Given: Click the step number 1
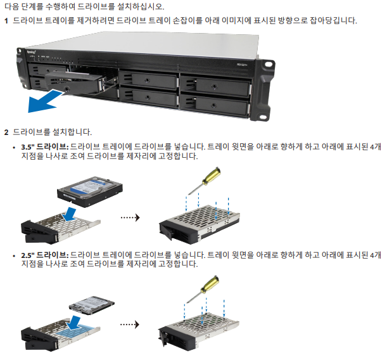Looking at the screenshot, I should click(6, 21).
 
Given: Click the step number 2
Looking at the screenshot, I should click(6, 132).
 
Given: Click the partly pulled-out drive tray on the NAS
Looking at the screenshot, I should click(76, 82).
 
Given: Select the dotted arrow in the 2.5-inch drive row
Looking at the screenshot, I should click(129, 325).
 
